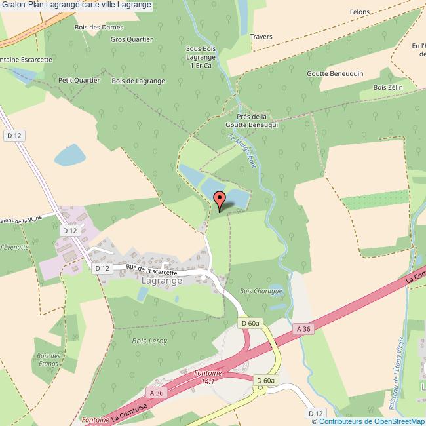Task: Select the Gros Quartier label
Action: (x=131, y=39)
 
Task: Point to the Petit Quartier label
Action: (x=79, y=80)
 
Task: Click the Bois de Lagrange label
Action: (x=138, y=81)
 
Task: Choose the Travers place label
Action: (x=261, y=37)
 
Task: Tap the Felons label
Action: (x=360, y=12)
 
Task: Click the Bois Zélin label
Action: (x=387, y=87)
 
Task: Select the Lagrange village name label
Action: (x=161, y=280)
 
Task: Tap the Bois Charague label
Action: (x=261, y=291)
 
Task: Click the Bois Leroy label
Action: (x=149, y=341)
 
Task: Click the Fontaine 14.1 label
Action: (x=208, y=376)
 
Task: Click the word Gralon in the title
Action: (x=14, y=5)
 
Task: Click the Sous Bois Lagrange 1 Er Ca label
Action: (x=201, y=57)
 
